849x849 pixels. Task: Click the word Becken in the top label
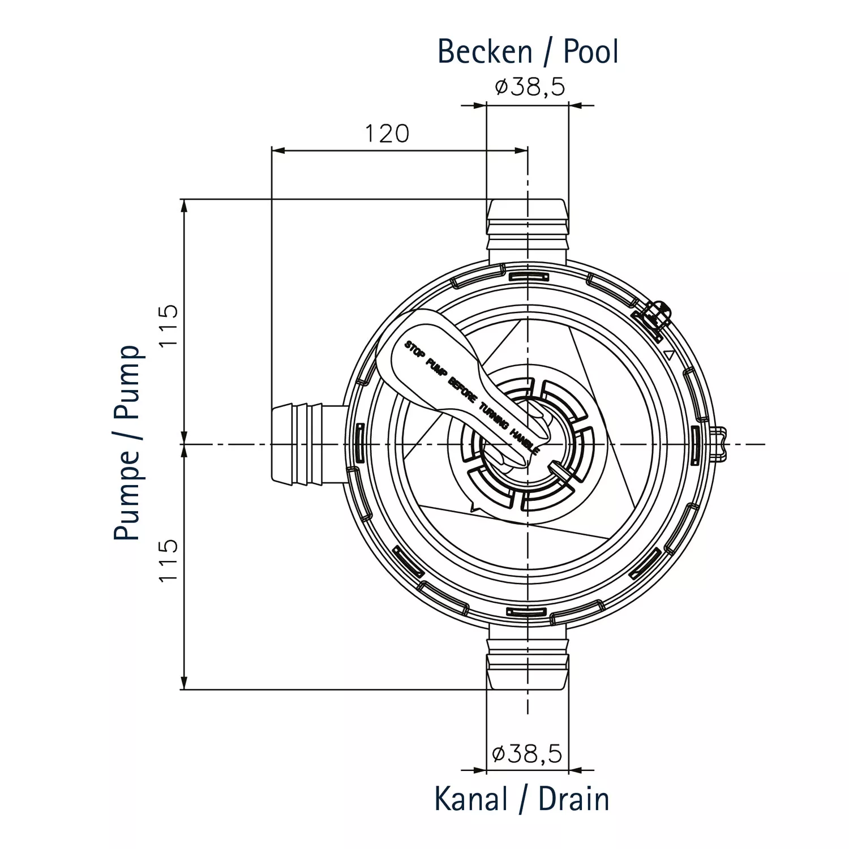(485, 52)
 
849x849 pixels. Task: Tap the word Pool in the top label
(590, 52)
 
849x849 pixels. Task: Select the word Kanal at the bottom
(471, 799)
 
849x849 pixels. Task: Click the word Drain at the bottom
(573, 799)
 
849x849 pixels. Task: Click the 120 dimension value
(387, 134)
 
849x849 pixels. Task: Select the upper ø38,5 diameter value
(530, 87)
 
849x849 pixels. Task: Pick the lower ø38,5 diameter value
(528, 754)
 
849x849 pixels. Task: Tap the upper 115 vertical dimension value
(169, 326)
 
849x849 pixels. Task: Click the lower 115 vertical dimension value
(169, 560)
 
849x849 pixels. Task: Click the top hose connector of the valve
(527, 229)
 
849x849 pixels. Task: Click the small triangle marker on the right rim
(668, 355)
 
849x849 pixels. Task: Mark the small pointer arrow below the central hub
(474, 507)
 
